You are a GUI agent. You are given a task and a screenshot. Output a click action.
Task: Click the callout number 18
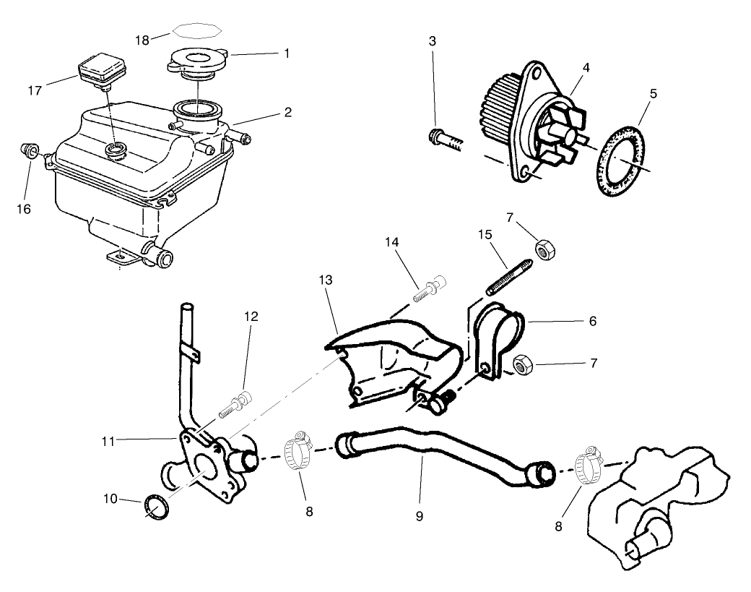[142, 40]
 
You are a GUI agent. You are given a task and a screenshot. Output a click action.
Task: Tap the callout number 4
[586, 67]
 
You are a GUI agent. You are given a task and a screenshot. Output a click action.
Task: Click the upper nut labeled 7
[544, 250]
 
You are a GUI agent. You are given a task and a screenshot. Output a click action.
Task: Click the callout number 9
[420, 516]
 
